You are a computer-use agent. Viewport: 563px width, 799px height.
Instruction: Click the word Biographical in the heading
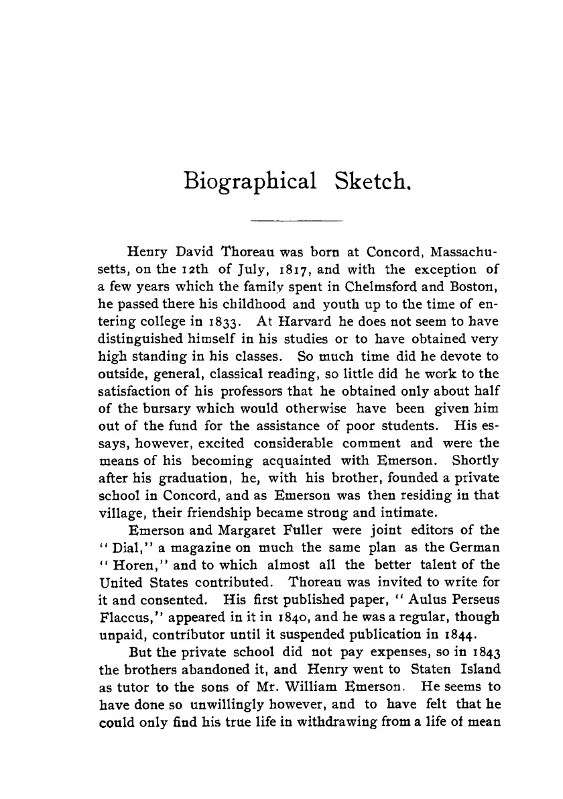[249, 182]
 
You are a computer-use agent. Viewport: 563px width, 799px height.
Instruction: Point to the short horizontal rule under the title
[296, 221]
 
